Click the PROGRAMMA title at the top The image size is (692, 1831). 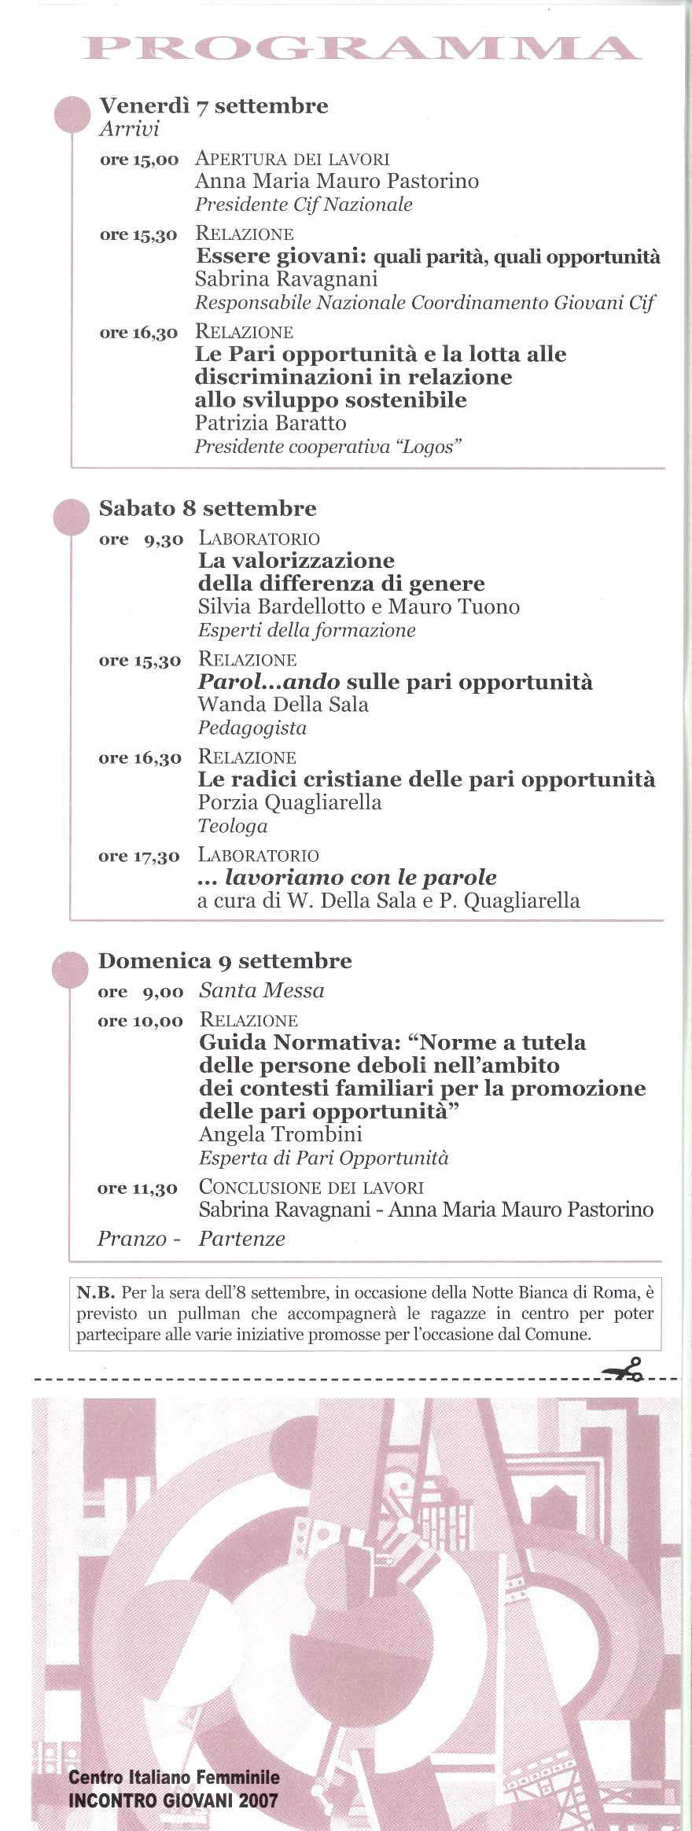point(361,49)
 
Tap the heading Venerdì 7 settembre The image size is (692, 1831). point(213,106)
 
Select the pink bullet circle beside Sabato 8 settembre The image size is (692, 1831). point(71,518)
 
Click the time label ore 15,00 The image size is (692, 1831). point(139,160)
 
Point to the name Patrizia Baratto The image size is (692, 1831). point(271,423)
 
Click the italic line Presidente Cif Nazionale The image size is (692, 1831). point(304,204)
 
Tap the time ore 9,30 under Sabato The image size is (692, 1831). point(141,540)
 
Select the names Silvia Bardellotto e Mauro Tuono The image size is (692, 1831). point(359,606)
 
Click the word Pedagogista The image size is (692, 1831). point(252,728)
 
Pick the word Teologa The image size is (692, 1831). point(233,826)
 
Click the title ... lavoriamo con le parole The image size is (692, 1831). point(347,877)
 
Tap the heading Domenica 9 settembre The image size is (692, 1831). point(225,960)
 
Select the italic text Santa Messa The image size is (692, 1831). point(261,990)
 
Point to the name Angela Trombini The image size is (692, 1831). point(280,1134)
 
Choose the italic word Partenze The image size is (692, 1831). point(241,1239)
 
